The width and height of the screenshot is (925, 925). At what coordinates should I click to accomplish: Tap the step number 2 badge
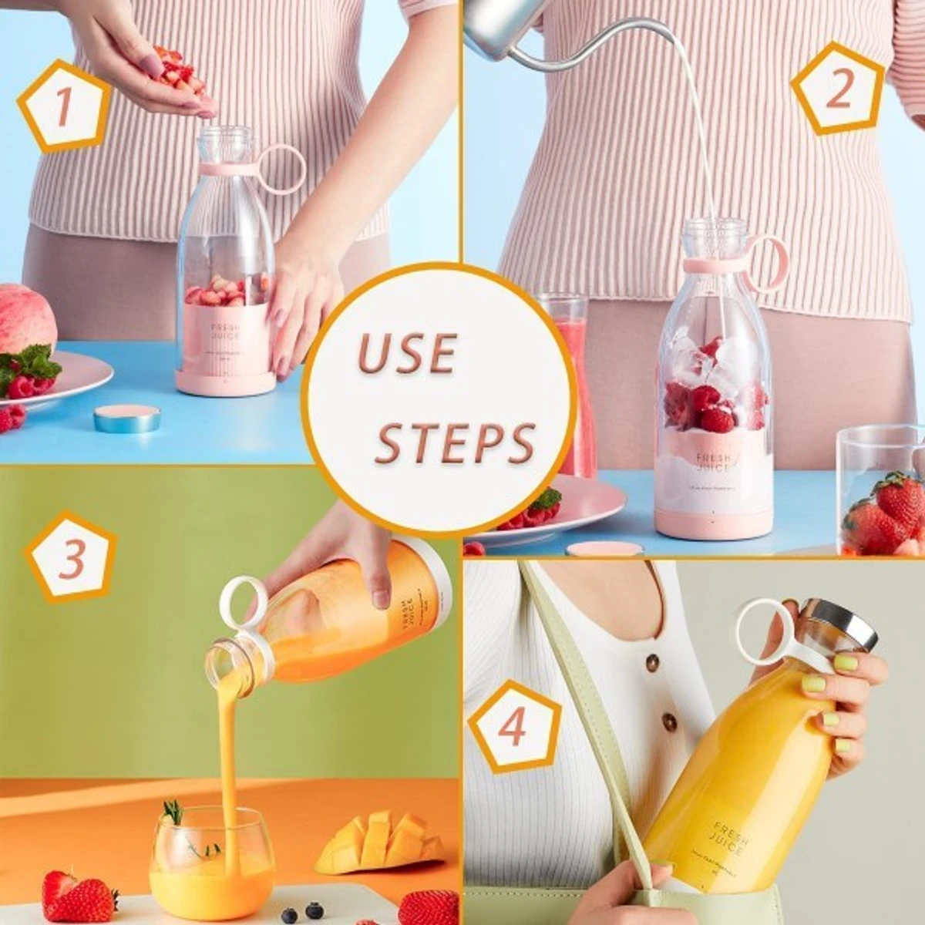[x=838, y=89]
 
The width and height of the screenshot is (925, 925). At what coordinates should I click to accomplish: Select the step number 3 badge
[x=71, y=557]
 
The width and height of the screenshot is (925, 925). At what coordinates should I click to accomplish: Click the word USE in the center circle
[x=407, y=354]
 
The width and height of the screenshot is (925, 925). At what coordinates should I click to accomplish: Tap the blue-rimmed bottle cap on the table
[x=127, y=418]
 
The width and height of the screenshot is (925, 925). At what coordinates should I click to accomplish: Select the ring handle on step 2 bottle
[x=766, y=263]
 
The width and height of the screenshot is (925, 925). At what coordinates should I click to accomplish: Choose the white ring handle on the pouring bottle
[x=244, y=600]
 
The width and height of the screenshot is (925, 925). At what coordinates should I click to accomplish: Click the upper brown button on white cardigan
[x=652, y=662]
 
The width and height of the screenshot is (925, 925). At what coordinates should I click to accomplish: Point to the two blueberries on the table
[x=301, y=912]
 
